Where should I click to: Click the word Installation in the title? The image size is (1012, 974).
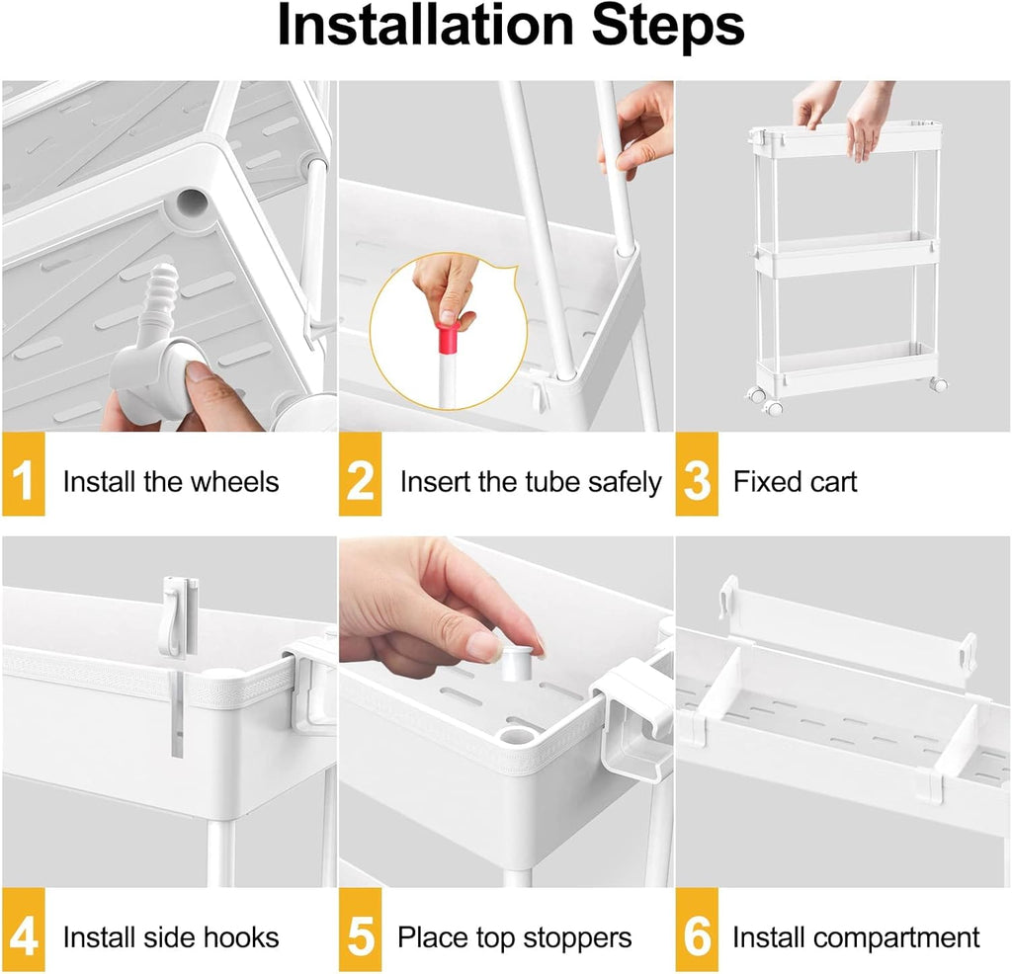point(425,26)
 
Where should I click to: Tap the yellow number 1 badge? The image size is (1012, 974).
point(24,474)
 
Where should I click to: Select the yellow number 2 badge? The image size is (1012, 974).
point(360,474)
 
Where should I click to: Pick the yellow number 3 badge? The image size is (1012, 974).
point(697,474)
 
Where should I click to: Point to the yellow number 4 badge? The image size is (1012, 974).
point(24,930)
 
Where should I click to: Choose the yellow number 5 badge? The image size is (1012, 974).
point(360,930)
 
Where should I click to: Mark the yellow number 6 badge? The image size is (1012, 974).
point(697,930)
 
